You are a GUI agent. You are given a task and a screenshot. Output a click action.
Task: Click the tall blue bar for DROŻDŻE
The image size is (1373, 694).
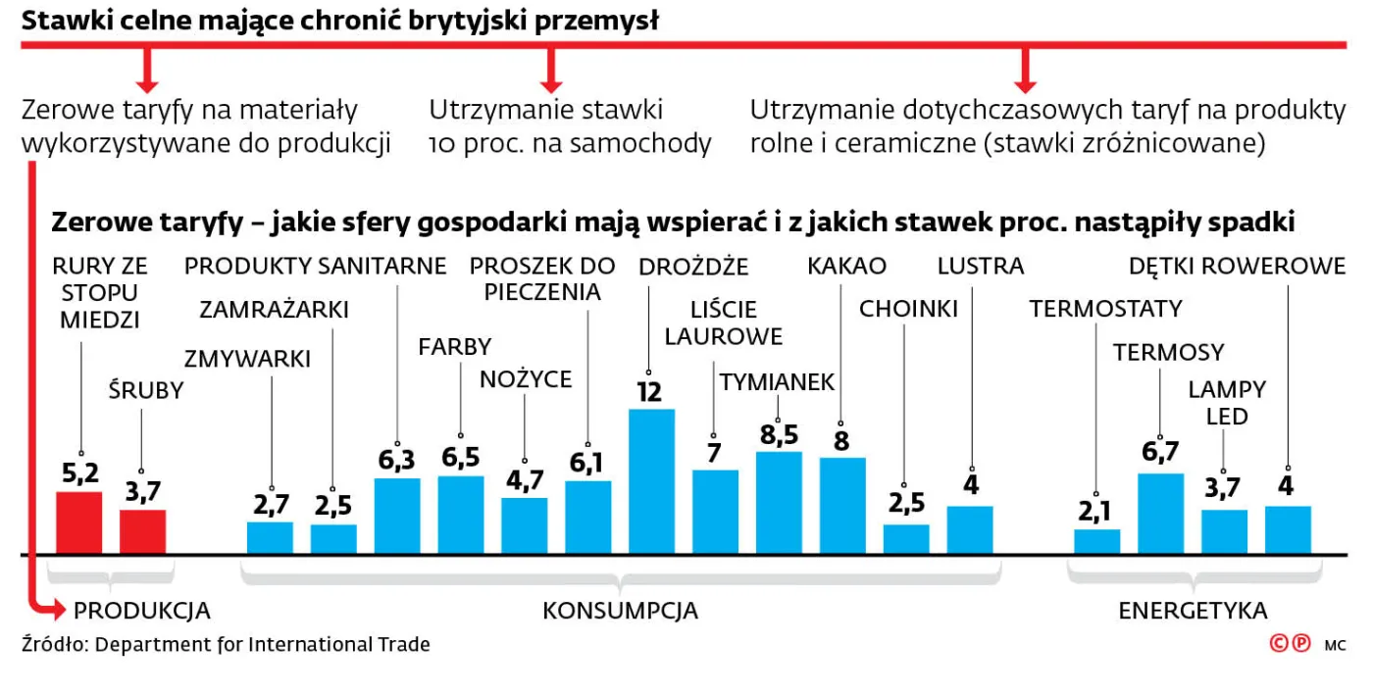(651, 480)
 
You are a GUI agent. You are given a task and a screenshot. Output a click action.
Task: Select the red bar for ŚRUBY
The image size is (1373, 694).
(142, 531)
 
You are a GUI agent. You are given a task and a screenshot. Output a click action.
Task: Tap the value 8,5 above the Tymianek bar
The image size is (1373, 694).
(779, 434)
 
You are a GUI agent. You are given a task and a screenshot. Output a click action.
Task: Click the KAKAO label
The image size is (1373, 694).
(846, 266)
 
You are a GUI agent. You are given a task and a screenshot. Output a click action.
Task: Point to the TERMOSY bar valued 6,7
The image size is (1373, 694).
(1160, 514)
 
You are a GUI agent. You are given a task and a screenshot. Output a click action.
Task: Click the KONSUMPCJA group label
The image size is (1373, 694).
(620, 611)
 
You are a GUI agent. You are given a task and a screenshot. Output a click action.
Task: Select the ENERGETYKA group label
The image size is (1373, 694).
(1193, 611)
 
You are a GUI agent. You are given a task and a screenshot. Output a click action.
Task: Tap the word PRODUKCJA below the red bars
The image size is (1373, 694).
(142, 611)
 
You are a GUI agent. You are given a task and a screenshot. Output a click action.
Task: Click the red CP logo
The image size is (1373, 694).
(1290, 644)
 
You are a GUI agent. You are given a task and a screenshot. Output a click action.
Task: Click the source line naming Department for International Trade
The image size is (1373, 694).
(226, 644)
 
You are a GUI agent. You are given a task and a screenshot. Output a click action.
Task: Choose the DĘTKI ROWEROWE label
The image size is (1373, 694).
(1237, 266)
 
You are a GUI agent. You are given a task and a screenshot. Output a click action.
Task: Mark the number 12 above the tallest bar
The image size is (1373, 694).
(649, 392)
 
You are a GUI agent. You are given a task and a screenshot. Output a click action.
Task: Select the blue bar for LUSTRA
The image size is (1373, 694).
(970, 529)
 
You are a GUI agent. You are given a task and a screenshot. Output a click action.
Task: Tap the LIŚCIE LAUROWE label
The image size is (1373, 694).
(724, 322)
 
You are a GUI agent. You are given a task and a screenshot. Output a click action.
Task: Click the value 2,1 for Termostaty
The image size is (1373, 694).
(1096, 511)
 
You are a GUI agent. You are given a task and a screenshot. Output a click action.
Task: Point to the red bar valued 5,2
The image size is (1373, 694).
(78, 522)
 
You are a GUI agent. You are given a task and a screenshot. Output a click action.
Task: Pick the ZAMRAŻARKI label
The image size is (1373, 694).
(274, 310)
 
